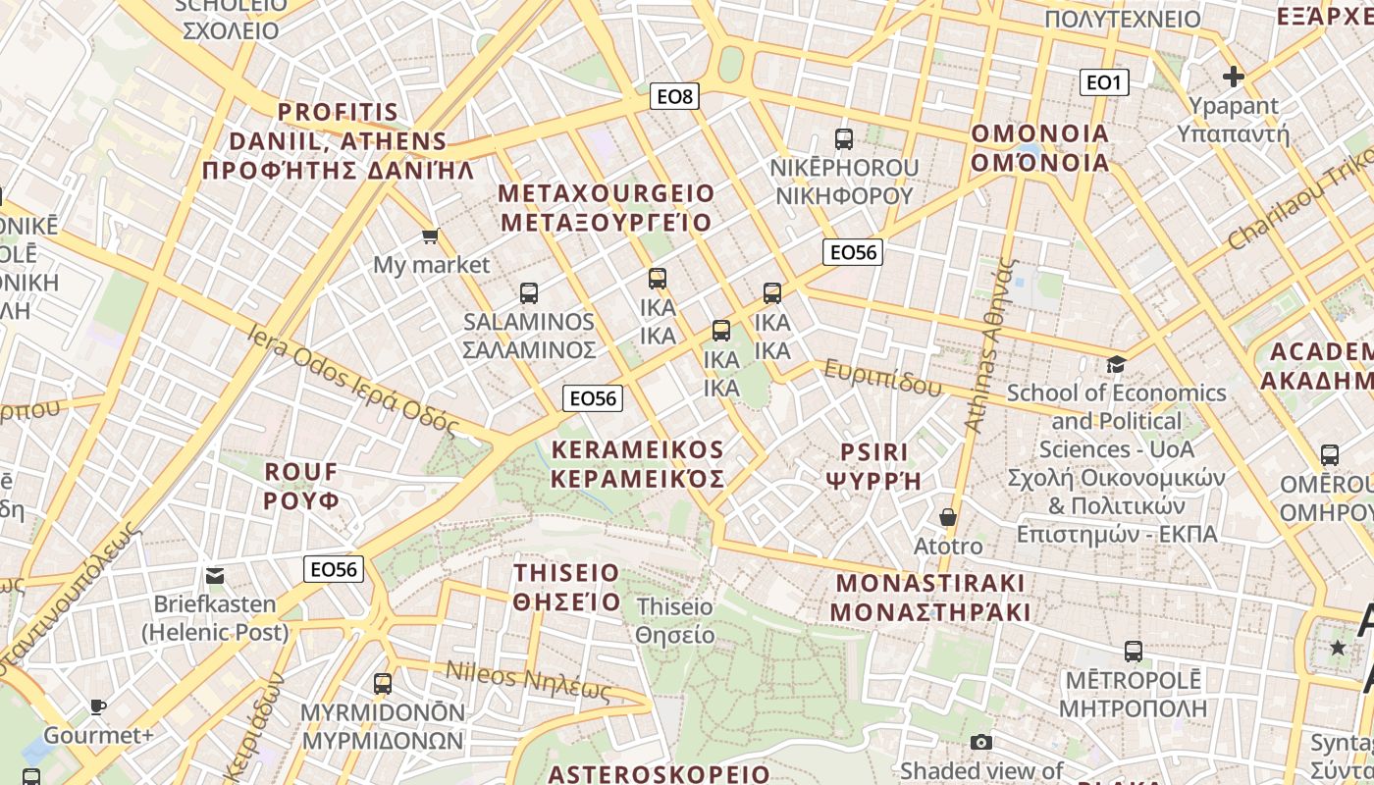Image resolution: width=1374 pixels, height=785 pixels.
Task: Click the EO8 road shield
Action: [675, 96]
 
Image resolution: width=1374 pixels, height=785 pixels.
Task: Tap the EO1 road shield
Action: [1103, 82]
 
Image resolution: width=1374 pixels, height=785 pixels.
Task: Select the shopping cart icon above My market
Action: [430, 235]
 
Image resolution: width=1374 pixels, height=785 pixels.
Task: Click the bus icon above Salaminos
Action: [529, 292]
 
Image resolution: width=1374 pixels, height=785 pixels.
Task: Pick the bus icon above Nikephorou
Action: [844, 139]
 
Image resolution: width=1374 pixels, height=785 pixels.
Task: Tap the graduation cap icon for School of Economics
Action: [1116, 364]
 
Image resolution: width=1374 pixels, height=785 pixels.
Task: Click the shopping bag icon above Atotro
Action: [948, 516]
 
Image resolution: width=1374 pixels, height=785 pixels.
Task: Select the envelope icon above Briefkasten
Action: [215, 575]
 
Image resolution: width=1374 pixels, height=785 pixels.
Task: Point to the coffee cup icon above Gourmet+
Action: [98, 706]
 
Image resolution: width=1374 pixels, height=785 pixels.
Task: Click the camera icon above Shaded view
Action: [980, 743]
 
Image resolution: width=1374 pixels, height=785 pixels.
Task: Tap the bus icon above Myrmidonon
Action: [383, 683]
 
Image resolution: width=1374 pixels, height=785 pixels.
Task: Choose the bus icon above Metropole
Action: [1134, 651]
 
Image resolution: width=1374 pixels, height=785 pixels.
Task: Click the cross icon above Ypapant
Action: [1234, 77]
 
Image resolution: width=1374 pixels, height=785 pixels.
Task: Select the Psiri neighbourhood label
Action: [874, 466]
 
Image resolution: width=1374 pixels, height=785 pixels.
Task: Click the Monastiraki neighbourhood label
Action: [930, 598]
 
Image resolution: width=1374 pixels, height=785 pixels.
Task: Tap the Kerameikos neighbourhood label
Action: [638, 464]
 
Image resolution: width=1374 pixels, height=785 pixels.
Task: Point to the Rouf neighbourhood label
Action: [301, 486]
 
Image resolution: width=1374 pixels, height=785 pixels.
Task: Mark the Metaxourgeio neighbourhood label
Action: [607, 207]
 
